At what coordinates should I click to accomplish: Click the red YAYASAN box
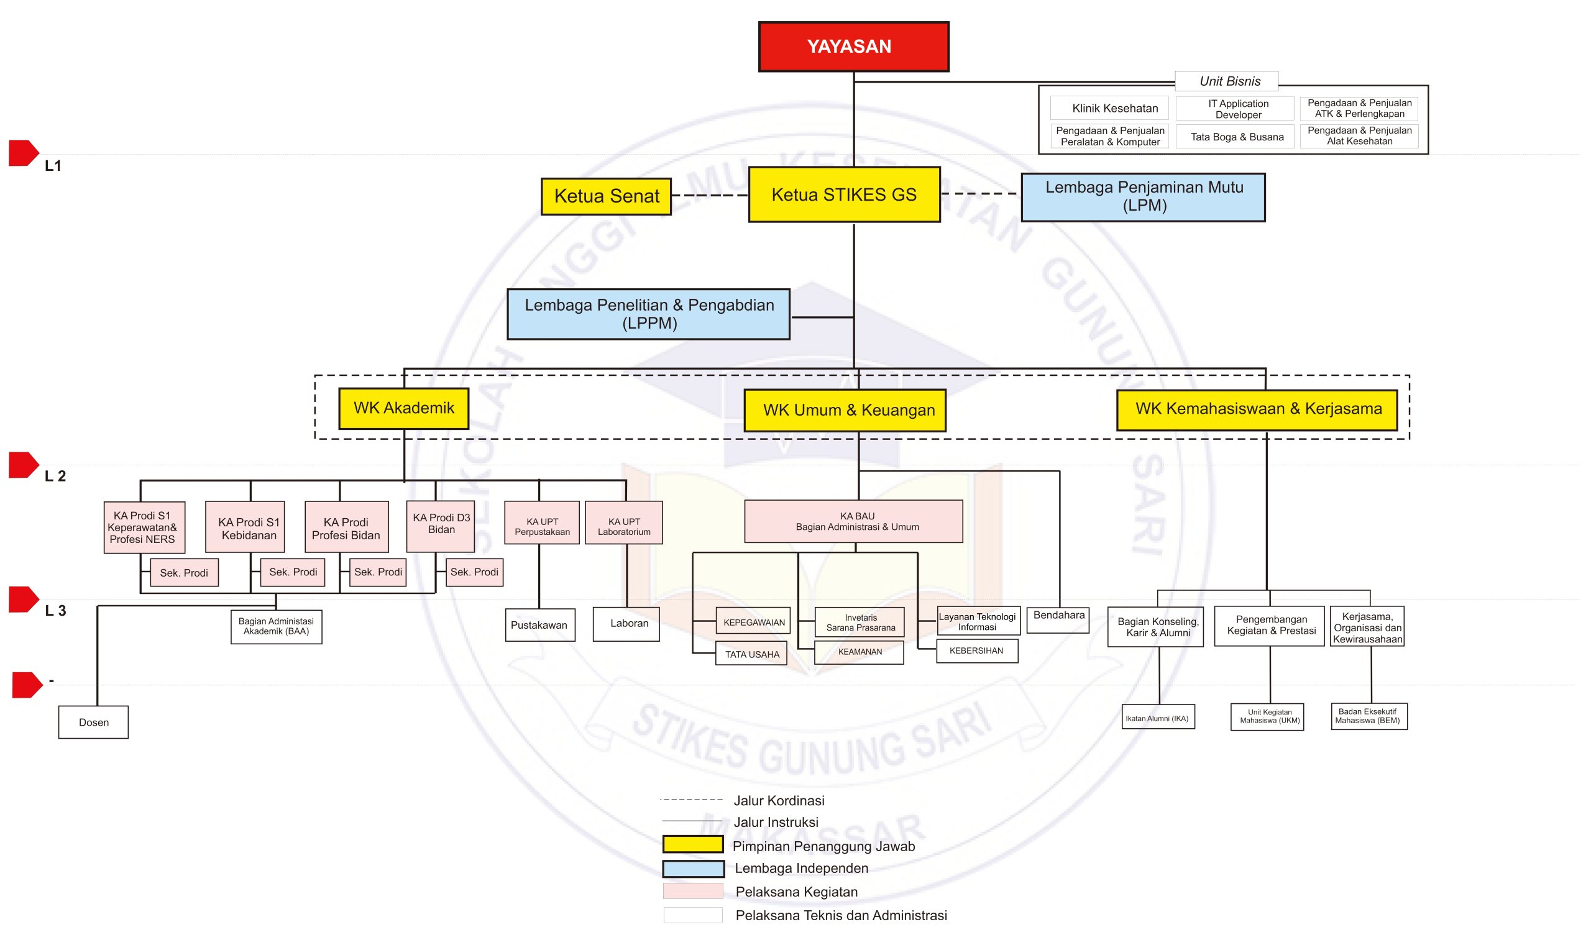(853, 46)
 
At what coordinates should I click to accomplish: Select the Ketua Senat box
(606, 196)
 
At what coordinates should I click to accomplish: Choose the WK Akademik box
(403, 409)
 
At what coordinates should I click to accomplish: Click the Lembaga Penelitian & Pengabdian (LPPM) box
(648, 314)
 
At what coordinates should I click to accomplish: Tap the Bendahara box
(1058, 619)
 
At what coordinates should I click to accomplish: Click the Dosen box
(93, 722)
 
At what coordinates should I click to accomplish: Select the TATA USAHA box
(751, 654)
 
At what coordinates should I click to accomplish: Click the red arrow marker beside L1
(24, 153)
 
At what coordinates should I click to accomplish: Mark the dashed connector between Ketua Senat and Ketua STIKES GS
(710, 195)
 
